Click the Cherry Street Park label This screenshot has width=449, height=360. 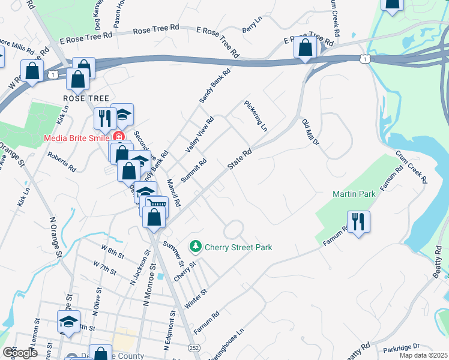238,247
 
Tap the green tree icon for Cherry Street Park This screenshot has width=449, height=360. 195,246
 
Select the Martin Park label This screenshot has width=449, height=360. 354,194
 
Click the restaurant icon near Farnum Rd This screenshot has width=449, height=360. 358,221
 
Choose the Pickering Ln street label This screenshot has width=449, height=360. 256,116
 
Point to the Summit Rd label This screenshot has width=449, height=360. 194,170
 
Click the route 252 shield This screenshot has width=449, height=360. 194,347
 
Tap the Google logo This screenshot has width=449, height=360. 20,353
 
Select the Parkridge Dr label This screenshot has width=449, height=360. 400,347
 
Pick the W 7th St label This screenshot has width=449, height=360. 104,268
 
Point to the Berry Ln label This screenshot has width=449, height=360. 252,25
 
